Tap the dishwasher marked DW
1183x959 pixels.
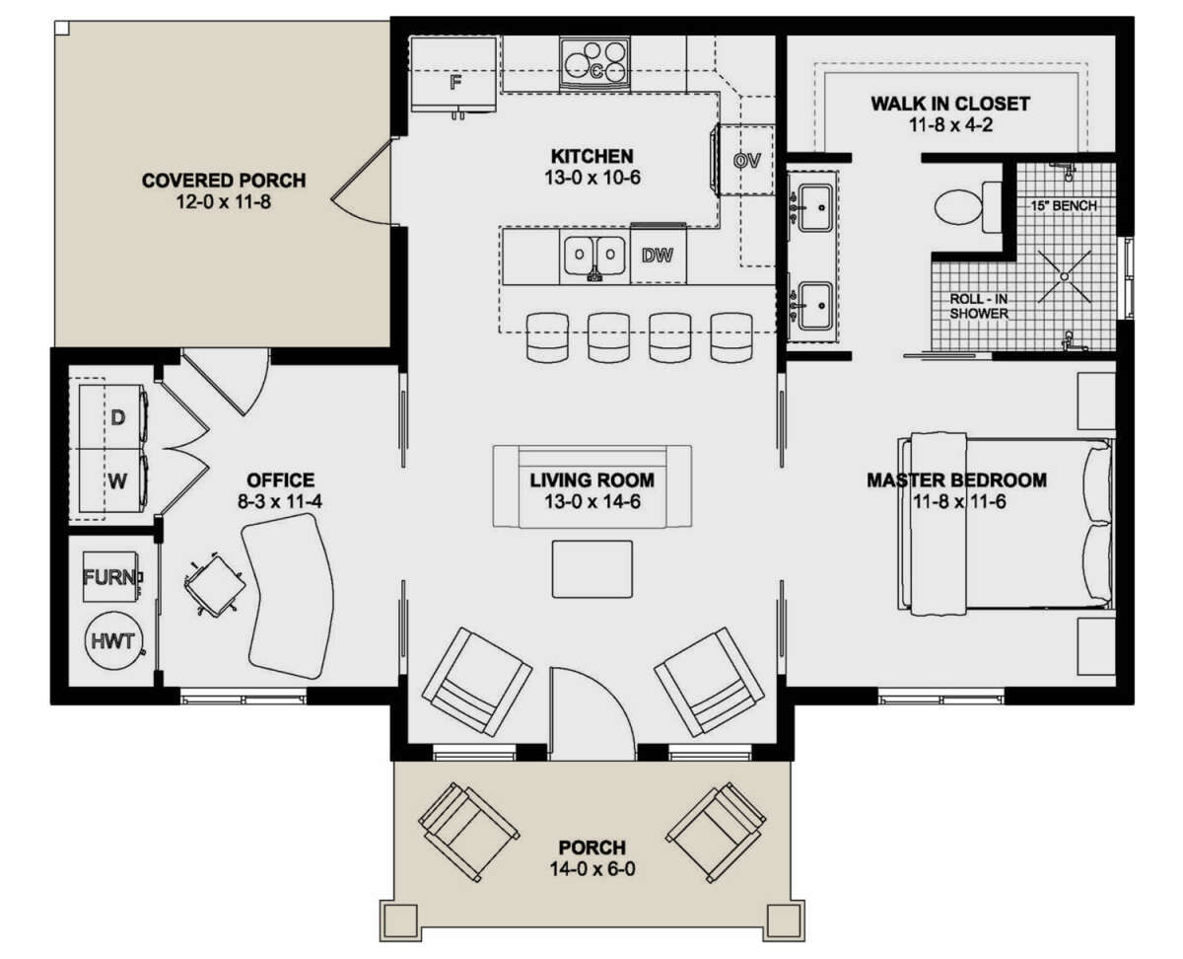pos(658,255)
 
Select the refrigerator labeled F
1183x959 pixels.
pos(453,75)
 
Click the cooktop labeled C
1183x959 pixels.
pos(594,63)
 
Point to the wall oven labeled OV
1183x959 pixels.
pos(746,160)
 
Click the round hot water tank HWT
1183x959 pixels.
pos(112,641)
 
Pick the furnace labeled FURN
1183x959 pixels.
pos(111,576)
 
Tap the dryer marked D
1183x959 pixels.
pos(112,417)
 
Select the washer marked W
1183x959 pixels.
pos(112,480)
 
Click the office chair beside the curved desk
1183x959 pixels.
pos(215,584)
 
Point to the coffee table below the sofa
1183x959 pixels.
pos(592,568)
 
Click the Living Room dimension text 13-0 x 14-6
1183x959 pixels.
pos(592,501)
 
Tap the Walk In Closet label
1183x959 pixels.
pos(950,104)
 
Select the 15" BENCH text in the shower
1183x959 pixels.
pos(1064,205)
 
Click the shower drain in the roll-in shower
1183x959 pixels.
pos(1065,276)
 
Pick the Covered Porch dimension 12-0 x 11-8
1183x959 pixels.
pos(224,201)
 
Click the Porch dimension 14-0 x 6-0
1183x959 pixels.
pos(592,868)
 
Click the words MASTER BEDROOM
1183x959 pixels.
pos(956,479)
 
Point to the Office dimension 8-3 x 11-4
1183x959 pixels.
pos(280,501)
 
